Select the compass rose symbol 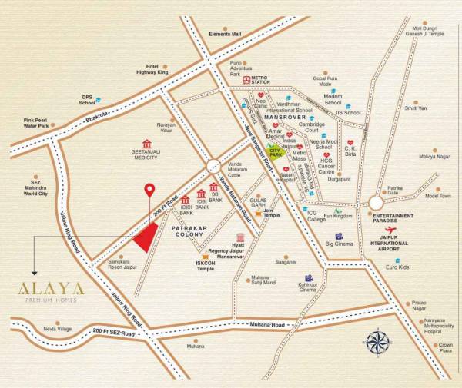pyautogui.click(x=376, y=341)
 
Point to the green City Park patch pyautogui.click(x=275, y=151)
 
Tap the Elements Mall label pyautogui.click(x=224, y=34)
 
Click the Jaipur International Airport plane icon pyautogui.click(x=391, y=229)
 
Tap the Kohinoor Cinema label pyautogui.click(x=306, y=288)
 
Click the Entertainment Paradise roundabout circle pyautogui.click(x=375, y=202)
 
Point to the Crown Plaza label pyautogui.click(x=444, y=348)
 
